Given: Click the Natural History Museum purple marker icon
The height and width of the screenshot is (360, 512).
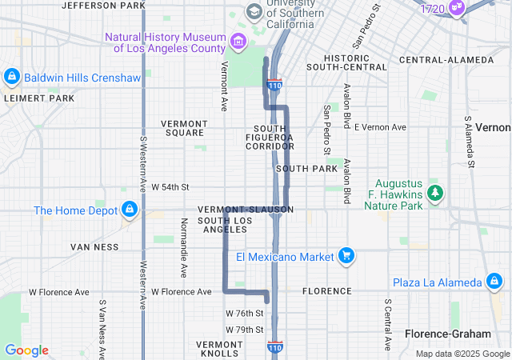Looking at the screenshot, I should pos(238,41).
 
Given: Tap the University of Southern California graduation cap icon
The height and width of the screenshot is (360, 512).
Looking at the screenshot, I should pos(254,11).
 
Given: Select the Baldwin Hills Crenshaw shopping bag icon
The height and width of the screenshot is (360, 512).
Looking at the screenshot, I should pos(11,78).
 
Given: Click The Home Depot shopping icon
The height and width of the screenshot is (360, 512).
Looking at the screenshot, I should pos(129,210).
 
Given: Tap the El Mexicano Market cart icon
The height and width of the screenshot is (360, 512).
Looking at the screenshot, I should pos(346,256).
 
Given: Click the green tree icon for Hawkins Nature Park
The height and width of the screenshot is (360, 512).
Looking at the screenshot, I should pos(434,193).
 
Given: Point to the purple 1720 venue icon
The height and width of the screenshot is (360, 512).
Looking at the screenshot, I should pos(458,8).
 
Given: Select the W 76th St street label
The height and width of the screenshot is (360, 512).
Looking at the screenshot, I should pos(244,313).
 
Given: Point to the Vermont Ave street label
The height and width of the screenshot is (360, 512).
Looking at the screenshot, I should pos(224,86).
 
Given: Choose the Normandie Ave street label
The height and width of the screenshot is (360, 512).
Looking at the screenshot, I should pos(183,247).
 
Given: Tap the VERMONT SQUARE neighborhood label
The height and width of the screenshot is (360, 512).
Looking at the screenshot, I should pos(184,128).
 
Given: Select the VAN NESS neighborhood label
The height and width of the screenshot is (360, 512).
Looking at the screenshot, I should pos(94,247).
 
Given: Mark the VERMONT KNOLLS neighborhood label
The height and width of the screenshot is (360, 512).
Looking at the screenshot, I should pos(217,348).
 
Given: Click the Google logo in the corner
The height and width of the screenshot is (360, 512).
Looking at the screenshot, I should pos(26,350).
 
